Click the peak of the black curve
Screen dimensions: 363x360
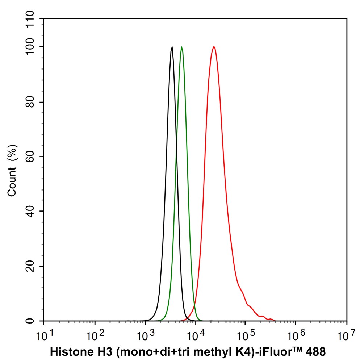(x=172, y=47)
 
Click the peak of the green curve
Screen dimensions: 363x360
(x=181, y=47)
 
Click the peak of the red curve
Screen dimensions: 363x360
(x=214, y=47)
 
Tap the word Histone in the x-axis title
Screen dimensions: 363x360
(x=67, y=351)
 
